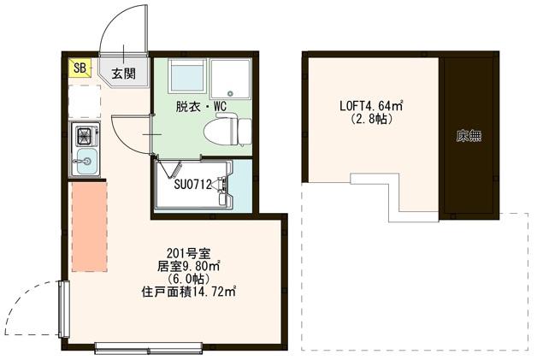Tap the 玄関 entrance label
tap(123, 74)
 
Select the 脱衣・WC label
tap(201, 107)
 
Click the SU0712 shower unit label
tap(193, 183)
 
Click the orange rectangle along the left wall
tap(86, 226)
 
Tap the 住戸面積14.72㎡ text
tap(188, 292)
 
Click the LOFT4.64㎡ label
tap(371, 107)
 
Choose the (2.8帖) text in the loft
tap(371, 120)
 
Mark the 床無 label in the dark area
tap(468, 134)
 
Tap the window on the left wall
tap(62, 310)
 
